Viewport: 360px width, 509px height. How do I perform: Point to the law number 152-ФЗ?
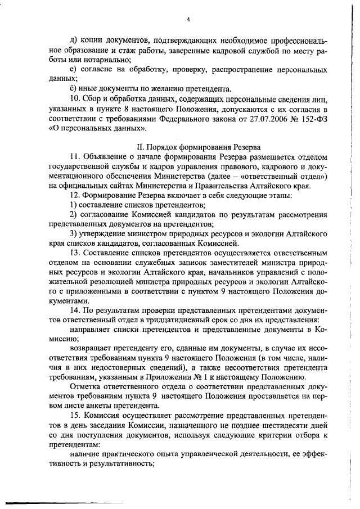click(x=316, y=118)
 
